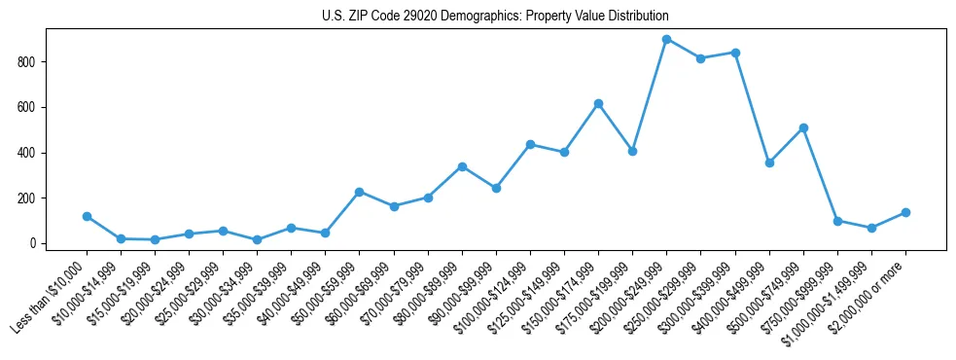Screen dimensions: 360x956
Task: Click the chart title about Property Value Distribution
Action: point(495,17)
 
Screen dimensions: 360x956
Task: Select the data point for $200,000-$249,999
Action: point(667,39)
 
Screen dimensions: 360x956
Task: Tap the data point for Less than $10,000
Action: point(87,216)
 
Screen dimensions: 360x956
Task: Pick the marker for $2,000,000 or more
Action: point(905,212)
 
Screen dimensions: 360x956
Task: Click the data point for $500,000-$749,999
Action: point(803,127)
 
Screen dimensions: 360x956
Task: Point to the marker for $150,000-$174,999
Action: point(598,103)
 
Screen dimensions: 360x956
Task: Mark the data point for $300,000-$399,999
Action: point(735,53)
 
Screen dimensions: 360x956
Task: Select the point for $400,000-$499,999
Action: point(769,162)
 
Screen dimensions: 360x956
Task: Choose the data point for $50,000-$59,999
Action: point(360,192)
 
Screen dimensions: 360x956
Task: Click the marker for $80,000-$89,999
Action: point(462,166)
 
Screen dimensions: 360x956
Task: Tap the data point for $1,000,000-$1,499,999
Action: point(871,228)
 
